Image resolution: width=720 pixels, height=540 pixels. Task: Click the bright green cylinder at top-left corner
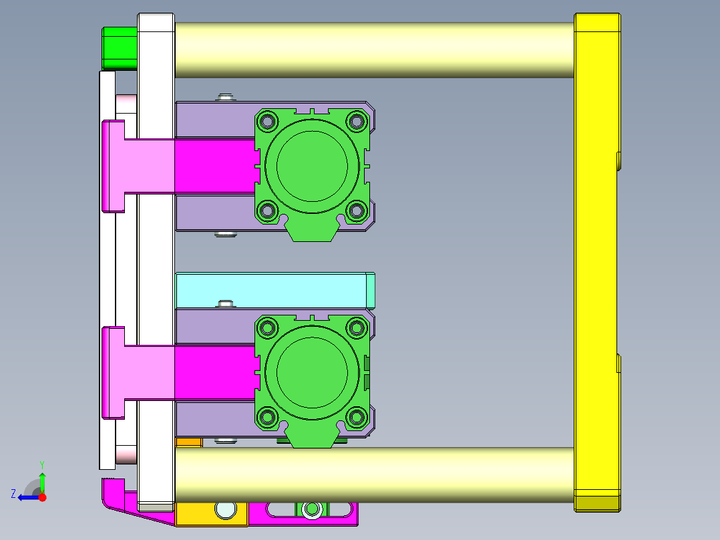[x=119, y=47]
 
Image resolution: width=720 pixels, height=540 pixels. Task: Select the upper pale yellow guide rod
[x=374, y=49]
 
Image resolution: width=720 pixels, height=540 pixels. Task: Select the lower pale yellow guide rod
[x=374, y=475]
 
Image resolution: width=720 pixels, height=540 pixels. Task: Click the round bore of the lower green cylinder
[x=312, y=371]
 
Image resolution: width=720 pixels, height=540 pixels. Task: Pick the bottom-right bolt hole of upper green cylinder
[x=357, y=211]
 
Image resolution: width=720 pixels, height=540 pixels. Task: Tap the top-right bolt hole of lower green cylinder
[x=357, y=327]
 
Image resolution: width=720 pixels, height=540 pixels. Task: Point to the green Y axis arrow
[x=42, y=480]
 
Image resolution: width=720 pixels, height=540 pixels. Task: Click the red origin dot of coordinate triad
[x=42, y=497]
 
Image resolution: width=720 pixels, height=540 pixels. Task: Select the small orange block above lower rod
[x=188, y=442]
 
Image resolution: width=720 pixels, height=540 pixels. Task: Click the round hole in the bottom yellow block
[x=226, y=510]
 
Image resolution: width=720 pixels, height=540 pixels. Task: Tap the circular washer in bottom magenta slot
[x=311, y=510]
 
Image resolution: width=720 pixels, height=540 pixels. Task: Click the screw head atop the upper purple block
[x=226, y=98]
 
